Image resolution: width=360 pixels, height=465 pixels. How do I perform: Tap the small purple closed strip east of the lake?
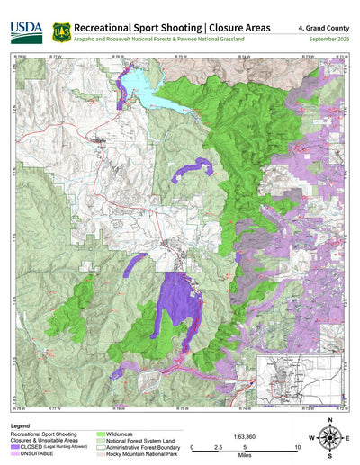(193, 167)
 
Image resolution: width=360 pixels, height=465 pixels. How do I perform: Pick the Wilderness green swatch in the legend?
(102, 434)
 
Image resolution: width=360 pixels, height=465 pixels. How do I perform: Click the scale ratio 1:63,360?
(245, 436)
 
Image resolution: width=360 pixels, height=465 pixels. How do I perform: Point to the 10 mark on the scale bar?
(296, 447)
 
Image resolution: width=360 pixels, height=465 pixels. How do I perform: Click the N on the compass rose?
(330, 421)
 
